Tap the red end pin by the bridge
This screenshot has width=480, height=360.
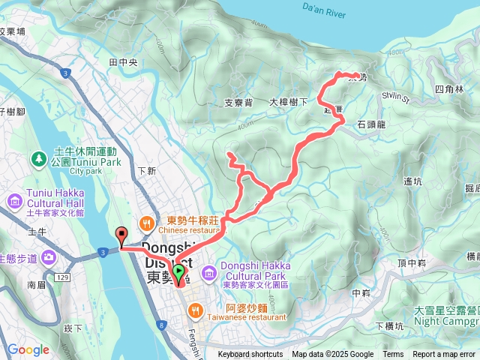tap(121, 236)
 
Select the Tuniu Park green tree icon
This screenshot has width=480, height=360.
tap(38, 159)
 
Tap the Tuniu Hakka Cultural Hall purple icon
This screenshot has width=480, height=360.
tap(13, 200)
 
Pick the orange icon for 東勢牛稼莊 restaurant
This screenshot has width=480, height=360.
tap(146, 222)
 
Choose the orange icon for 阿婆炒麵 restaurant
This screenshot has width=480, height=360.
tap(196, 308)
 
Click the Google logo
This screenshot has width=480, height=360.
tap(28, 349)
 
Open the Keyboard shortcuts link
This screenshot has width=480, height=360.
tap(250, 355)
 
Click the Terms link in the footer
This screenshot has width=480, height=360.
tap(393, 355)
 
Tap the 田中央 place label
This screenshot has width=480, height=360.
tap(122, 63)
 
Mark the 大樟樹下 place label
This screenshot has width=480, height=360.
tap(289, 102)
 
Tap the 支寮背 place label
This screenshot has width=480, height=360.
tap(238, 103)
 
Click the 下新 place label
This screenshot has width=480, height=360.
tap(146, 171)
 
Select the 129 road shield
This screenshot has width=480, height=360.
tap(62, 277)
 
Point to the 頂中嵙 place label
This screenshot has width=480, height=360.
tap(412, 262)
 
